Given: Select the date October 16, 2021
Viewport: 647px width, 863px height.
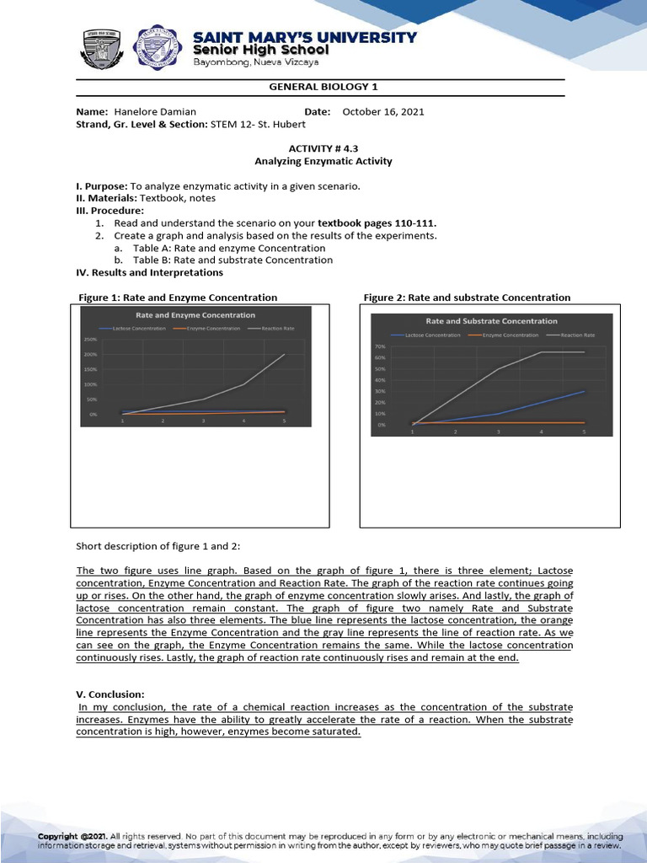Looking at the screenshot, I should [x=383, y=112].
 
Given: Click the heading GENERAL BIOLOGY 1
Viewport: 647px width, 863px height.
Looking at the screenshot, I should [x=318, y=88].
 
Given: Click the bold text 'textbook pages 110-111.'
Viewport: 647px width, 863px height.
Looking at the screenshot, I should [x=377, y=222].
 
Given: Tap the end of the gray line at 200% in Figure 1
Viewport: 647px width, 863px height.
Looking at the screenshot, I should [x=284, y=355].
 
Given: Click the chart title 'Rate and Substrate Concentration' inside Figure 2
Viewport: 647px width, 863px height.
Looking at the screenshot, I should [x=491, y=321].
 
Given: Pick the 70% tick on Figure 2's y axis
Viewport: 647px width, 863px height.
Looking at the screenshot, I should [x=380, y=346].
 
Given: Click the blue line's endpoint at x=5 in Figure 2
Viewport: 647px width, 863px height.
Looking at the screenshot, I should [x=584, y=391].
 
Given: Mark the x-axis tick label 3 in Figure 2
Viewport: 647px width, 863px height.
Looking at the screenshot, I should [x=498, y=431].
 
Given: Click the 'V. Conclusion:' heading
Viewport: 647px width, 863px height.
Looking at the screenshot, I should [x=105, y=694].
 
